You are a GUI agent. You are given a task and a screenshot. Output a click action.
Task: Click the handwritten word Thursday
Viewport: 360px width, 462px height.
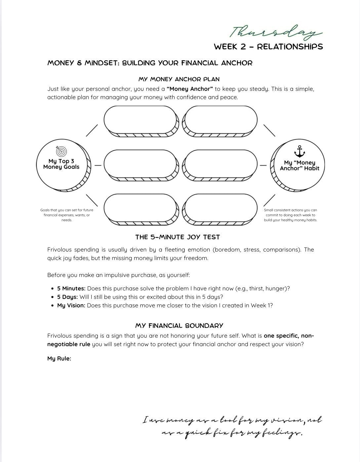275,32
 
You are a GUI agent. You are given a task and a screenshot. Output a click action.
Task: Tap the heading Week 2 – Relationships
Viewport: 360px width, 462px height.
268,47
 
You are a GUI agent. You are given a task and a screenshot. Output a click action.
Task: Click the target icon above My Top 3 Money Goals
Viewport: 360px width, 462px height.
61,151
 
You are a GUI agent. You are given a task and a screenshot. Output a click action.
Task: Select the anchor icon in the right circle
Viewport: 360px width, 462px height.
299,152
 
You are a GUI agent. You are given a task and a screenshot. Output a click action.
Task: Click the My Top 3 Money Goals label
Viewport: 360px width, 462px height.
61,164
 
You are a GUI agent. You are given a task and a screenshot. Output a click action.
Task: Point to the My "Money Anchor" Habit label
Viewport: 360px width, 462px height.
299,165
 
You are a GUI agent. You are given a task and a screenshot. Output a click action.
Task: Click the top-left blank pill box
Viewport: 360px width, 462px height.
140,119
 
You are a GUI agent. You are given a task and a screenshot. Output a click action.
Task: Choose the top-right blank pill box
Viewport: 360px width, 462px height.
220,119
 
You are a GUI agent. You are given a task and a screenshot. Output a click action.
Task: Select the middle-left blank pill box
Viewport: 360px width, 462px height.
140,163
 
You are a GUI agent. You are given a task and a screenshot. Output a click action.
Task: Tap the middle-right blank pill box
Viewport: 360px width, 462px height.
220,163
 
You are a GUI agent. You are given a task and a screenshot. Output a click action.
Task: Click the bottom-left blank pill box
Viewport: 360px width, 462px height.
140,207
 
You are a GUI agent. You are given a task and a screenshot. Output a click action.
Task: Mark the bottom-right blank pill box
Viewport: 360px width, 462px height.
220,207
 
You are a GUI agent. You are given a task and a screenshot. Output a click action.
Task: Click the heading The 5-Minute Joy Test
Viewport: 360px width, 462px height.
178,237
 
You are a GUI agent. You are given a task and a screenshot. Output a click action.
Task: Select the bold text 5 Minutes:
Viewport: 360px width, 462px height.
71,288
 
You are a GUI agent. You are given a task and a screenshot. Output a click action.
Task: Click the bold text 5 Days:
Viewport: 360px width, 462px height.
67,297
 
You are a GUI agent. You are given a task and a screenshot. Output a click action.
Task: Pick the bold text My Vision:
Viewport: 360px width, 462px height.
71,305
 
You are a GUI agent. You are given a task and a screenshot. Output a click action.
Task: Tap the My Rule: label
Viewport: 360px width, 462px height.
59,359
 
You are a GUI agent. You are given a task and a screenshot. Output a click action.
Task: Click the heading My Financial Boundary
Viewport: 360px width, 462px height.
179,326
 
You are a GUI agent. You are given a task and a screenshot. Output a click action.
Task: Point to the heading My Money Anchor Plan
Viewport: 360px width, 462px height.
179,79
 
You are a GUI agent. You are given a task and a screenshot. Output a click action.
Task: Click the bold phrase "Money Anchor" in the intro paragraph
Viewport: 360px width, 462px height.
190,89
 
